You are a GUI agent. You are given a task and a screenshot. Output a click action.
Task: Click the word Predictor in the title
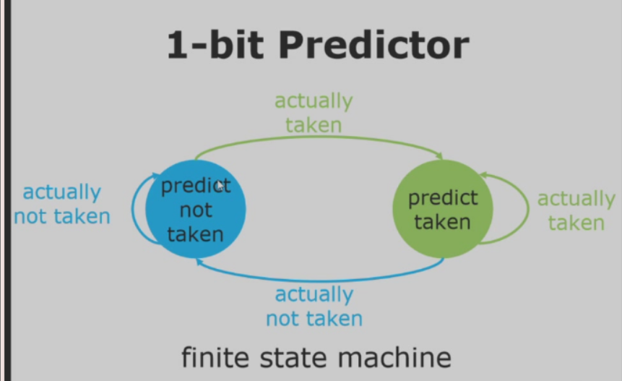tap(373, 45)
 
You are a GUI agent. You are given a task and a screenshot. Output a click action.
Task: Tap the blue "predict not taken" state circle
tap(195, 210)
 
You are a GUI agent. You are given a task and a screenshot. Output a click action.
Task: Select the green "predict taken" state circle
tap(442, 209)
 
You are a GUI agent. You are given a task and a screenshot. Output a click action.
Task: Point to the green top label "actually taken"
tap(314, 113)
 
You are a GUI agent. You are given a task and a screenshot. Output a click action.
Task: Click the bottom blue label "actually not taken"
tap(314, 306)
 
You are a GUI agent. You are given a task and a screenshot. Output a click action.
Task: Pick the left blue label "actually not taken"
tap(62, 204)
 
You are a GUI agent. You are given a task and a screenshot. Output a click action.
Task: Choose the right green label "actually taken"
tap(576, 210)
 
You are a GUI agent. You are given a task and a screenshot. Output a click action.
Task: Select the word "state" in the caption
tap(293, 357)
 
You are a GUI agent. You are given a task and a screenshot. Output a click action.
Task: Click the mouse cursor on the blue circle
tap(220, 187)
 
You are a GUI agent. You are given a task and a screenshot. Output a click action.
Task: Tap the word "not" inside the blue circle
tap(196, 210)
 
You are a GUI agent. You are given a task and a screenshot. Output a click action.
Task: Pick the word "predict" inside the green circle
tap(443, 197)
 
